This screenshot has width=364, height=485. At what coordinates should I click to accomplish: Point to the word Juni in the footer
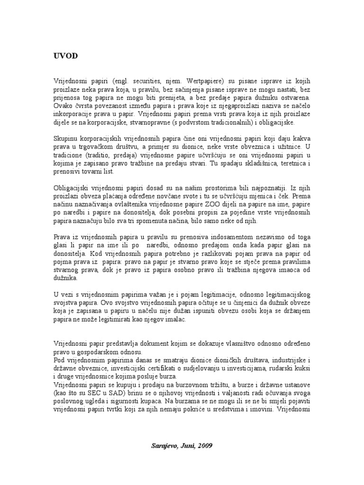click(186, 446)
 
